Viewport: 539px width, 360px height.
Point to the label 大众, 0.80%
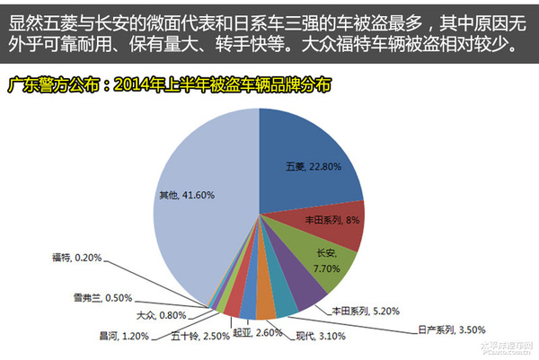[161, 315]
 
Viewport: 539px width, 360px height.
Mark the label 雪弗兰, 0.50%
[103, 297]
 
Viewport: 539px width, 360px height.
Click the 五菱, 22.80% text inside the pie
[312, 167]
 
